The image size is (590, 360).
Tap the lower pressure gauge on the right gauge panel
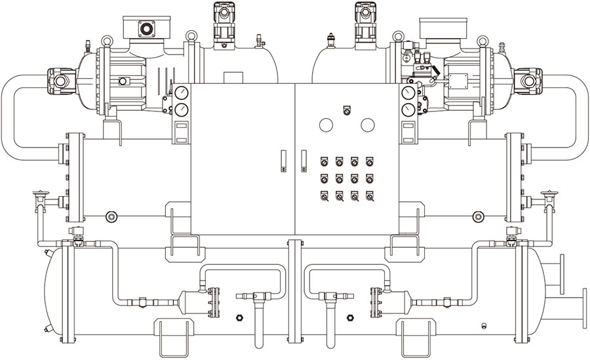409,108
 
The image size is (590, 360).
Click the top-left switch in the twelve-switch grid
323,161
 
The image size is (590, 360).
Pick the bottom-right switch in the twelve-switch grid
370,195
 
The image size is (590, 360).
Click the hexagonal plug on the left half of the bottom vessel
240,317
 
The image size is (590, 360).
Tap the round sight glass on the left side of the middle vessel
111,216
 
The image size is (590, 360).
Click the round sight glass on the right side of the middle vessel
479,216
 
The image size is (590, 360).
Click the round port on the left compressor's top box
146,28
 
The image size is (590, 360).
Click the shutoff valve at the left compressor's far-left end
60,80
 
